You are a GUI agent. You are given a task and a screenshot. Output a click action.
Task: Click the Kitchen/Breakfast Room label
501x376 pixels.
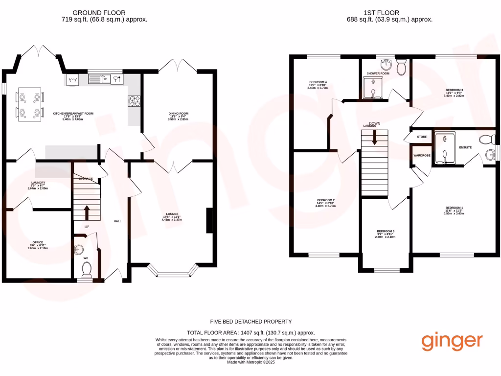[x=73, y=113]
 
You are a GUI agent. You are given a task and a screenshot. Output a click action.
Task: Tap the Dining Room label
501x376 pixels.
[x=178, y=113]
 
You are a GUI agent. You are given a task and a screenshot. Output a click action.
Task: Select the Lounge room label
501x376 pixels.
[x=171, y=214]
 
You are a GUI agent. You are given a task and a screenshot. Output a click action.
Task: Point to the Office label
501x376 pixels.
[x=38, y=242]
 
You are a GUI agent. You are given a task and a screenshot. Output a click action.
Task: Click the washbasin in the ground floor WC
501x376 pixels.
[x=79, y=250]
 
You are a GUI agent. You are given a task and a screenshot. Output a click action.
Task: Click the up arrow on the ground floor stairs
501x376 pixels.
[x=87, y=212]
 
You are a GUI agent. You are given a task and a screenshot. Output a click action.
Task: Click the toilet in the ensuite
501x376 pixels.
[x=487, y=140]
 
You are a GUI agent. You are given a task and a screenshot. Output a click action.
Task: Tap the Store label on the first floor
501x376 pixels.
[x=422, y=137]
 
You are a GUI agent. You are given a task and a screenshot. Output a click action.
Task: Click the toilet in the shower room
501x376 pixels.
[x=402, y=68]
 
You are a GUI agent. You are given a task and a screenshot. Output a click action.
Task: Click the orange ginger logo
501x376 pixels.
[x=452, y=341]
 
